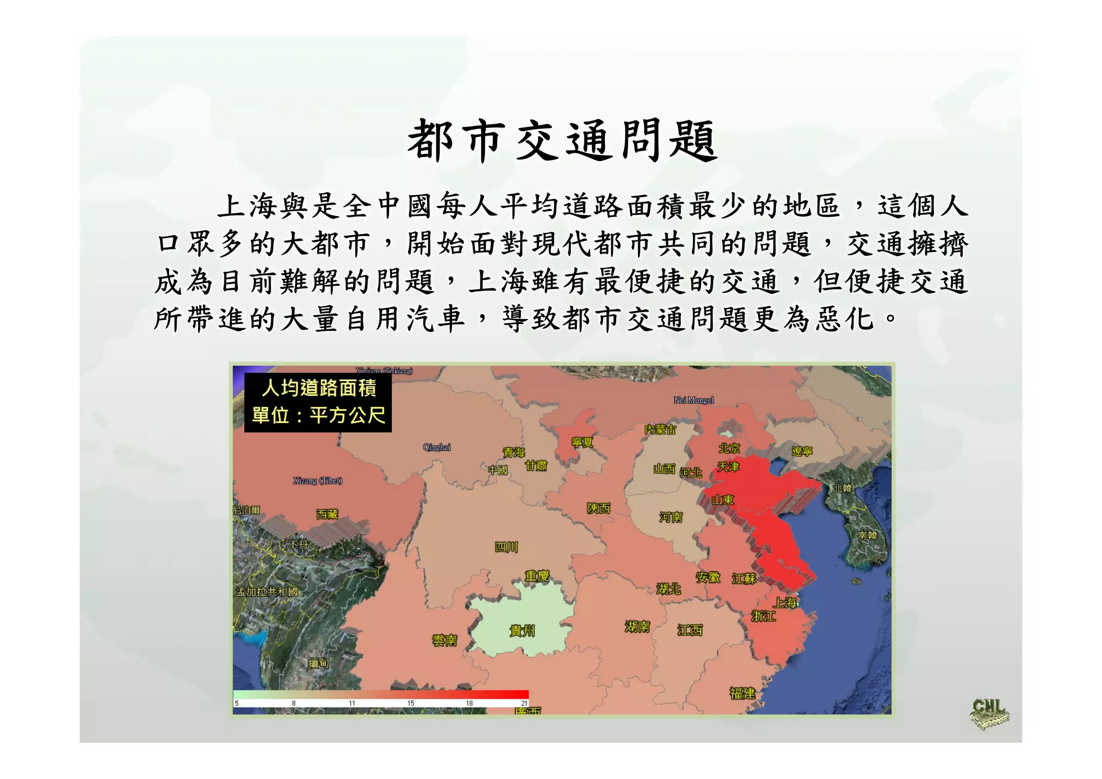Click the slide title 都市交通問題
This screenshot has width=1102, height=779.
pos(562,141)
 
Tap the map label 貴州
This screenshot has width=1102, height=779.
pos(522,631)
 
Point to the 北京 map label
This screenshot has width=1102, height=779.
pos(729,448)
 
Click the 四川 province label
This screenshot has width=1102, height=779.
pos(506,547)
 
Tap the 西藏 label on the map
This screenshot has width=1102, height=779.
pos(327,514)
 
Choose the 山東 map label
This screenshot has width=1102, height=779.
pos(723,500)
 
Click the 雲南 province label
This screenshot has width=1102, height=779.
pos(444,640)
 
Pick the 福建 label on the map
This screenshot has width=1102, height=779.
pos(742,693)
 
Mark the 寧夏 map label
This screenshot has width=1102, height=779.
pos(582,442)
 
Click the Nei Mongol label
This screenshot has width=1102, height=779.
pos(694,400)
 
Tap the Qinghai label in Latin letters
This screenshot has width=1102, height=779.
pos(436,447)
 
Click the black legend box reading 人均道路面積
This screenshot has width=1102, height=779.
pos(318,402)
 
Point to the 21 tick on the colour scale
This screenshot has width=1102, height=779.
pos(524,703)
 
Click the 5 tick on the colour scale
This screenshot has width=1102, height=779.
pos(237,703)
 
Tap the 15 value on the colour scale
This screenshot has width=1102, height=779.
pos(411,703)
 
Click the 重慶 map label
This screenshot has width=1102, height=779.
pos(536,576)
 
